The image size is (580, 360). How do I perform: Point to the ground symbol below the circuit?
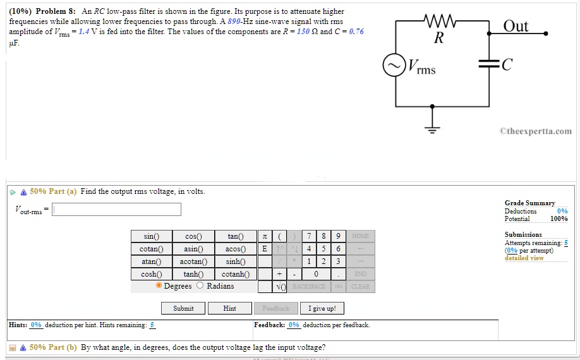(433, 129)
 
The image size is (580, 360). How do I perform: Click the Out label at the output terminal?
(516, 26)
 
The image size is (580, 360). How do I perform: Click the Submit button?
(183, 308)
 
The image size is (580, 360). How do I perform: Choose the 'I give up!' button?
(322, 308)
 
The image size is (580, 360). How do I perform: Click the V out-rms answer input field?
(116, 209)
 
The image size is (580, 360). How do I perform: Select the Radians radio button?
(200, 285)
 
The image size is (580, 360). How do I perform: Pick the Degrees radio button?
(159, 285)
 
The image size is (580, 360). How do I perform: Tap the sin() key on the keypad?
(152, 236)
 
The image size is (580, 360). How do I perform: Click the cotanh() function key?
(236, 274)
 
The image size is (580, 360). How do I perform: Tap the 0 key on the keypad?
(316, 274)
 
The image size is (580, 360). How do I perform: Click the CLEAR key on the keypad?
(360, 286)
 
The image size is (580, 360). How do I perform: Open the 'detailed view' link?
(524, 258)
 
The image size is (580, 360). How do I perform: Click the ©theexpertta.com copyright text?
(535, 131)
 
